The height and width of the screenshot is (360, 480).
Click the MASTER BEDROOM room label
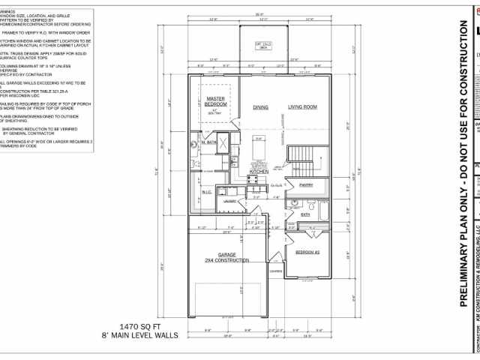(216, 102)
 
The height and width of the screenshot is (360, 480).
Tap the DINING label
(260, 108)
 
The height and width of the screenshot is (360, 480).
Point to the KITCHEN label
(259, 172)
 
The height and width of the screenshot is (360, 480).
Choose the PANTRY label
(305, 184)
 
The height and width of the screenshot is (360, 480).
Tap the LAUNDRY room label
(230, 201)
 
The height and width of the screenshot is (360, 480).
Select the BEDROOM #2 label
(307, 252)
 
